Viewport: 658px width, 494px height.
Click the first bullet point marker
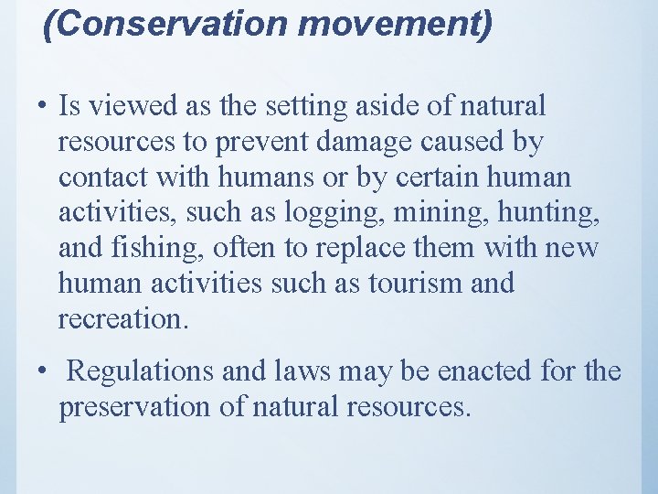pos(44,107)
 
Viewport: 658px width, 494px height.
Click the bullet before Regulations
pos(44,372)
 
